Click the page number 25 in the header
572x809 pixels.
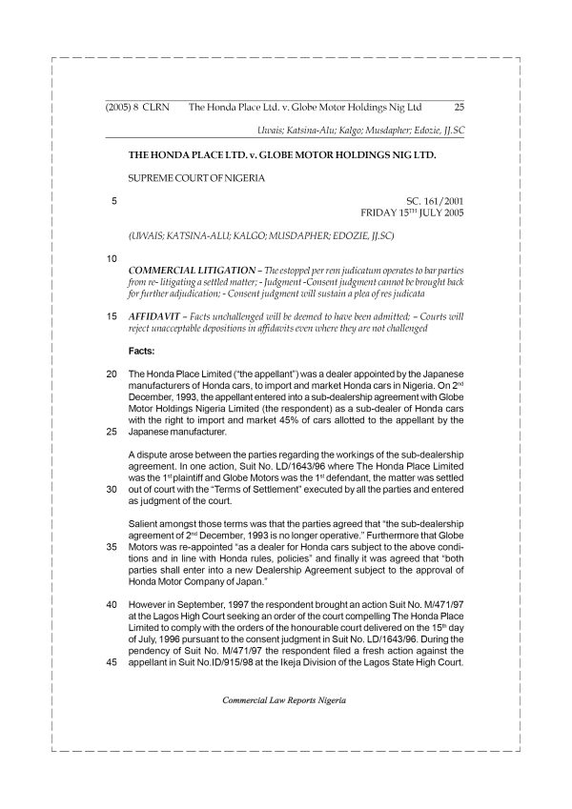click(x=459, y=108)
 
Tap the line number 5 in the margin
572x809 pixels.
click(x=114, y=201)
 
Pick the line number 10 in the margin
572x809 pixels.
click(x=112, y=258)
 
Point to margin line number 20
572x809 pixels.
click(x=112, y=374)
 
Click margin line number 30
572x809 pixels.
click(x=112, y=489)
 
